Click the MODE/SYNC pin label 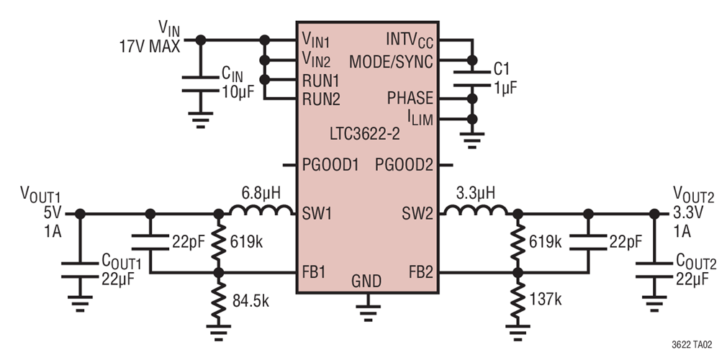point(391,62)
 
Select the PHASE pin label point(410,98)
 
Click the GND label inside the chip point(367,280)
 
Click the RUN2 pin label point(320,98)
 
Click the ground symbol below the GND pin point(368,310)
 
